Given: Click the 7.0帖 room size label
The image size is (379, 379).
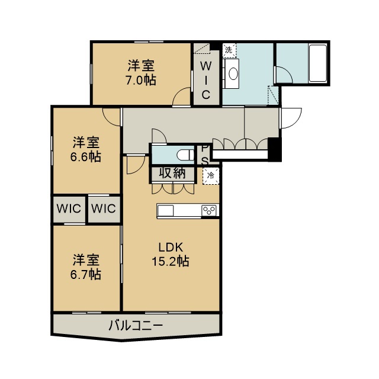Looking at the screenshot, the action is pos(141,81).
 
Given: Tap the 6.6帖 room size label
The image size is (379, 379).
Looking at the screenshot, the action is pos(86,157).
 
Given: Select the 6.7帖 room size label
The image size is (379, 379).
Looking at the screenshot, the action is pos(86,275).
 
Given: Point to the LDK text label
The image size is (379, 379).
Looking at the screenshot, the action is pos(171,248).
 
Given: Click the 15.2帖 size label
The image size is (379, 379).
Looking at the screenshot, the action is pos(171,261).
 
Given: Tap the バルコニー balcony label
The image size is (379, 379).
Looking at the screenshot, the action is pos(136,325).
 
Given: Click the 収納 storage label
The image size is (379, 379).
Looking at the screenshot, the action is pos(172,173).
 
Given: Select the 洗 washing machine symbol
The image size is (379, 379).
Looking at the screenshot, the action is pos(229,50).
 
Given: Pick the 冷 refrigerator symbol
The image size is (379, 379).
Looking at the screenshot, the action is pos(211,176).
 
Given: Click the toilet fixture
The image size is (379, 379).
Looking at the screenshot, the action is pos(185,155).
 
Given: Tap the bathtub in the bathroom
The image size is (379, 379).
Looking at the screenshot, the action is pos(318,63).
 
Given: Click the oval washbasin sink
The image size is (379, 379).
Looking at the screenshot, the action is pos(233,73).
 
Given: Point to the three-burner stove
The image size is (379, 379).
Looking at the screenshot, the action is pos(209,210).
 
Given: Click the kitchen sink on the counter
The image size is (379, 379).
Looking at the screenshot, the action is pos(165,211).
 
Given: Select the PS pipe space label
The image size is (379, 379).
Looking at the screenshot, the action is pos(205,155).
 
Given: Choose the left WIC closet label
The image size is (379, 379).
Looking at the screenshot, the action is pos(69,208).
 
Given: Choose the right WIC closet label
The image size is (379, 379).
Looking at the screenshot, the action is pos(104,208).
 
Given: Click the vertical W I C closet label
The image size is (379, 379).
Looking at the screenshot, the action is pos(205,81).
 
